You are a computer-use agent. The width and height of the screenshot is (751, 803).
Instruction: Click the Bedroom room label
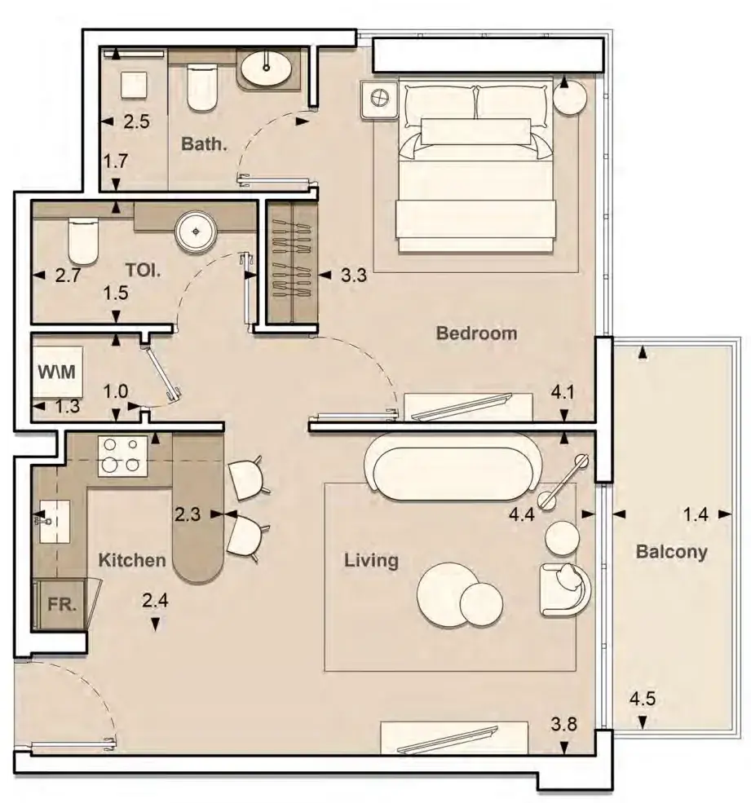click(476, 333)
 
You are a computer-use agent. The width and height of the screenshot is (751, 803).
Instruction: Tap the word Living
click(371, 560)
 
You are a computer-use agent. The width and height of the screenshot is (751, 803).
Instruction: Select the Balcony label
click(671, 552)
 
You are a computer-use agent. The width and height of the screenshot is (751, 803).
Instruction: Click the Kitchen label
click(131, 560)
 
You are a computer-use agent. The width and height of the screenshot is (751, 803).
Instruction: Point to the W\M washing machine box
click(57, 371)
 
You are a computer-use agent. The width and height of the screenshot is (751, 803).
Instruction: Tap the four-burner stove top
click(122, 457)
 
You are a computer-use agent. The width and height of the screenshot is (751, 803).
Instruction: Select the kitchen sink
click(55, 521)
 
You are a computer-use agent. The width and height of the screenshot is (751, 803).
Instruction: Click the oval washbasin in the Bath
click(266, 68)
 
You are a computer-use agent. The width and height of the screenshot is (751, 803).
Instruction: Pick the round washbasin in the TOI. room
click(196, 232)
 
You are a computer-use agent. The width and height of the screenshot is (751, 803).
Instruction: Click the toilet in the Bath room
click(202, 87)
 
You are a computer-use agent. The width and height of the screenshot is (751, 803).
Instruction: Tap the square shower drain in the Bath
click(134, 85)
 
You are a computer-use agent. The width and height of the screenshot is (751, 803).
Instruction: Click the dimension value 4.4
click(522, 514)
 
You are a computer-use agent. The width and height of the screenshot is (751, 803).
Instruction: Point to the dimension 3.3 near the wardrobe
click(354, 275)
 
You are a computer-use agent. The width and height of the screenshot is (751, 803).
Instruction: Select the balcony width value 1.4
click(696, 514)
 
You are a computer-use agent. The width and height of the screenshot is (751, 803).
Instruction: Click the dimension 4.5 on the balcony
click(643, 699)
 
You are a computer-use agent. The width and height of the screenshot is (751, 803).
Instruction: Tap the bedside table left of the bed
click(379, 99)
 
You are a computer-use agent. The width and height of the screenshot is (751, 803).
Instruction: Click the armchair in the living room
click(564, 589)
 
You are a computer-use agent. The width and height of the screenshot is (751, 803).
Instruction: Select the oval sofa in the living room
click(452, 467)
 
